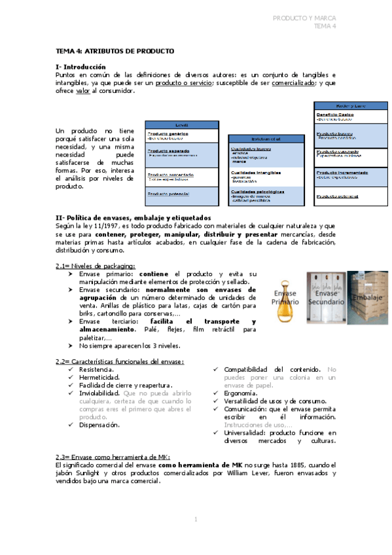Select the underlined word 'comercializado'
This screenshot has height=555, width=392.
point(294,83)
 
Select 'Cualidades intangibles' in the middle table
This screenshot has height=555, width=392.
point(256,173)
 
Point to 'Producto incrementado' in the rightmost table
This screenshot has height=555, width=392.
point(342,173)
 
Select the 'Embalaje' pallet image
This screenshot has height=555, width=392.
point(368,297)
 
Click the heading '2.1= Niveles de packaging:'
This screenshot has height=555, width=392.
point(96,266)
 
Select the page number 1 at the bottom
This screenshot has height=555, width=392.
point(196,519)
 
